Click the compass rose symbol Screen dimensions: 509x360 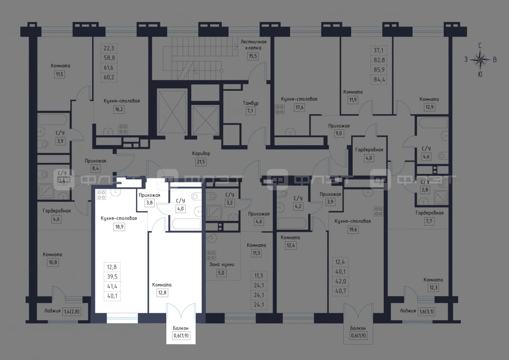click(x=480, y=60)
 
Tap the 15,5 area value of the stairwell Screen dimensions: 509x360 click(x=253, y=56)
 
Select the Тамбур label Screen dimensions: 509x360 click(x=251, y=103)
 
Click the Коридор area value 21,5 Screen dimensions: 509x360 click(x=201, y=162)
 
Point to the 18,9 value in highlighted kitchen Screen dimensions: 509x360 click(x=119, y=227)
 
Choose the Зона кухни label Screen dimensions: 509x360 click(x=222, y=265)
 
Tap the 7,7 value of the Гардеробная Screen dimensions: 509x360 click(x=429, y=221)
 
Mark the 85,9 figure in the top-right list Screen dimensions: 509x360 click(x=379, y=70)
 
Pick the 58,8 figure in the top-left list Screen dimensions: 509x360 click(x=109, y=58)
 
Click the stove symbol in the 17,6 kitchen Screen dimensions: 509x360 click(x=280, y=109)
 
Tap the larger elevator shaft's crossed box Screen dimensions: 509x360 click(x=172, y=112)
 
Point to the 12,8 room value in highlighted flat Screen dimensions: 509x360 click(x=162, y=292)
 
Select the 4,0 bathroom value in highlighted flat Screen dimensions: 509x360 click(x=181, y=208)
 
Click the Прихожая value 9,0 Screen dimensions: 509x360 click(x=338, y=133)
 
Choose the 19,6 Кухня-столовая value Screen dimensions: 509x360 click(x=353, y=230)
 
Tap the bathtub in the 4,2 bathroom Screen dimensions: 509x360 click(x=292, y=223)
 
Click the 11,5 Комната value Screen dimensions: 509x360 click(x=59, y=74)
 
